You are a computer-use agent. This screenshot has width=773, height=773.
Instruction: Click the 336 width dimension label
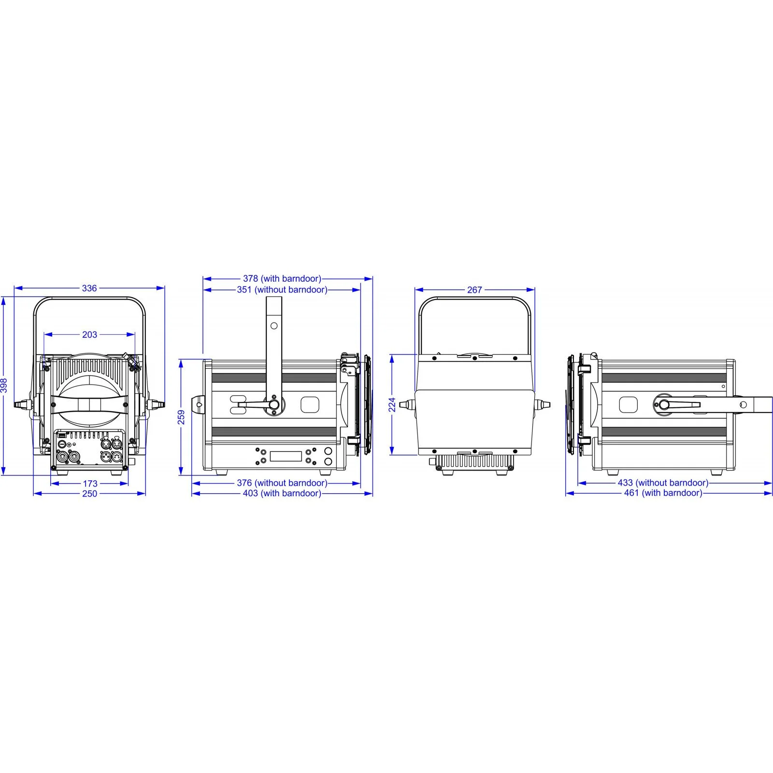click(89, 288)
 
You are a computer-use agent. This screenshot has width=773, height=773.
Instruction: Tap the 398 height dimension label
click(4, 385)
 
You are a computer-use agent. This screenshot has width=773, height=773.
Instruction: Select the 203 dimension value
click(89, 334)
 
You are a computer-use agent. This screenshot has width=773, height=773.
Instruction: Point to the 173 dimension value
click(90, 483)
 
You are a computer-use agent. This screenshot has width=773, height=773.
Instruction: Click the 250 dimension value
click(89, 493)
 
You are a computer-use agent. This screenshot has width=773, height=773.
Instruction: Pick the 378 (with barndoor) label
click(282, 279)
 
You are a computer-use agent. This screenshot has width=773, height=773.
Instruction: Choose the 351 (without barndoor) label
click(282, 289)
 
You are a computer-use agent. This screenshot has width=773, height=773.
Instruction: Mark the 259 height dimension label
click(182, 417)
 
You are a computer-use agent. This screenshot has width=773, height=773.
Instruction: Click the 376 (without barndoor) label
click(282, 483)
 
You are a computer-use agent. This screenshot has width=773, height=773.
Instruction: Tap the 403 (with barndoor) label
click(282, 493)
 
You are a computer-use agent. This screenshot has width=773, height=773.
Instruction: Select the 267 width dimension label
click(474, 290)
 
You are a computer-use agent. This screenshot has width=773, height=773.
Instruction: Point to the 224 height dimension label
click(392, 405)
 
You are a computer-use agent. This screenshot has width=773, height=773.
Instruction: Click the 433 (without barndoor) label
click(663, 483)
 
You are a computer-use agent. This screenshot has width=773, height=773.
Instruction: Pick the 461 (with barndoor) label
click(663, 493)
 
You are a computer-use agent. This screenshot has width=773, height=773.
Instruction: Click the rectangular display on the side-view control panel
click(286, 456)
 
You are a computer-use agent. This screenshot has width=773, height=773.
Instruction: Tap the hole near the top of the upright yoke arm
click(274, 326)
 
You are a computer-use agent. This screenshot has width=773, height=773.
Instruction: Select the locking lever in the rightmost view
click(681, 404)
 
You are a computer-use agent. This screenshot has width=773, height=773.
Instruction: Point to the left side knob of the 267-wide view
click(407, 404)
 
